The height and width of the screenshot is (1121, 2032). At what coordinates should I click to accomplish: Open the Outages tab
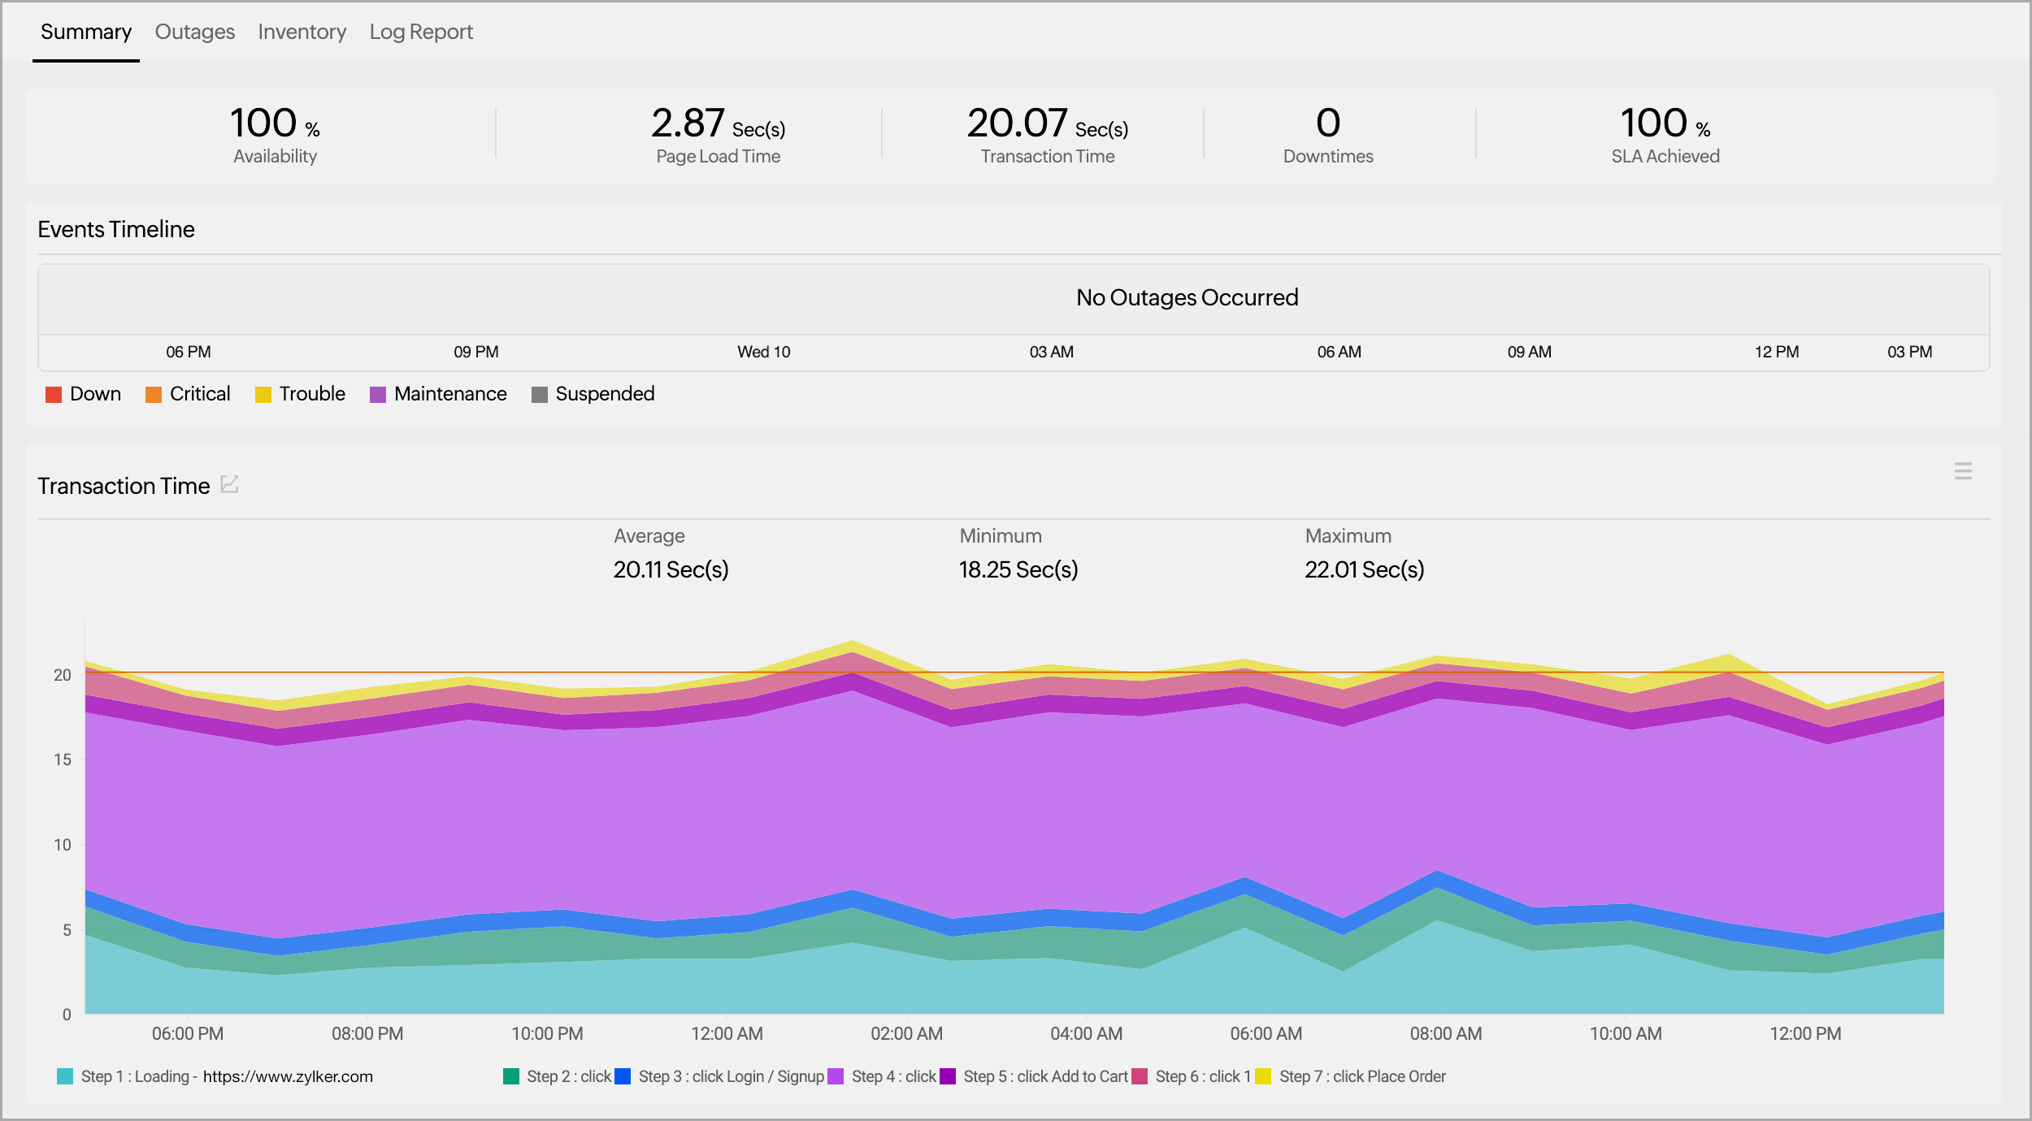click(194, 32)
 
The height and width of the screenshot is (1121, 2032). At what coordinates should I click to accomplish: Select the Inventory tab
click(302, 32)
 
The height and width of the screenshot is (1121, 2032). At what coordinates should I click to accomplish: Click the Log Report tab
click(421, 32)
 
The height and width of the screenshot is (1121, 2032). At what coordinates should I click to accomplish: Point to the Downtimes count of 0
click(1327, 123)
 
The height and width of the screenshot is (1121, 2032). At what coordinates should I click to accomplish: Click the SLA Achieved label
click(1665, 156)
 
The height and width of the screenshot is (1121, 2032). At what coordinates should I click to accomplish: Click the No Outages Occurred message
click(1187, 297)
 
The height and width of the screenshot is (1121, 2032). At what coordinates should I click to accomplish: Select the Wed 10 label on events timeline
click(763, 352)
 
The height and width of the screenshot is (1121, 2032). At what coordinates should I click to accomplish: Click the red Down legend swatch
click(54, 395)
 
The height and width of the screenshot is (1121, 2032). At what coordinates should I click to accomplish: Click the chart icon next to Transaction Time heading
click(230, 484)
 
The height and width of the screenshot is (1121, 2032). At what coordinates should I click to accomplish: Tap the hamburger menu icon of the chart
click(1962, 471)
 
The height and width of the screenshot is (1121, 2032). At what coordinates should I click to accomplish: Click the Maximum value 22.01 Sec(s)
click(1364, 569)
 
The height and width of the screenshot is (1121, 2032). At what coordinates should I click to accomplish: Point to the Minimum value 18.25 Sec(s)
click(1018, 569)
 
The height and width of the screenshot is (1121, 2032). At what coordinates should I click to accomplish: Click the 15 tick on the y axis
click(63, 760)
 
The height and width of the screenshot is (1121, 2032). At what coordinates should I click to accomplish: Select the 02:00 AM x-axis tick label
click(906, 1033)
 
